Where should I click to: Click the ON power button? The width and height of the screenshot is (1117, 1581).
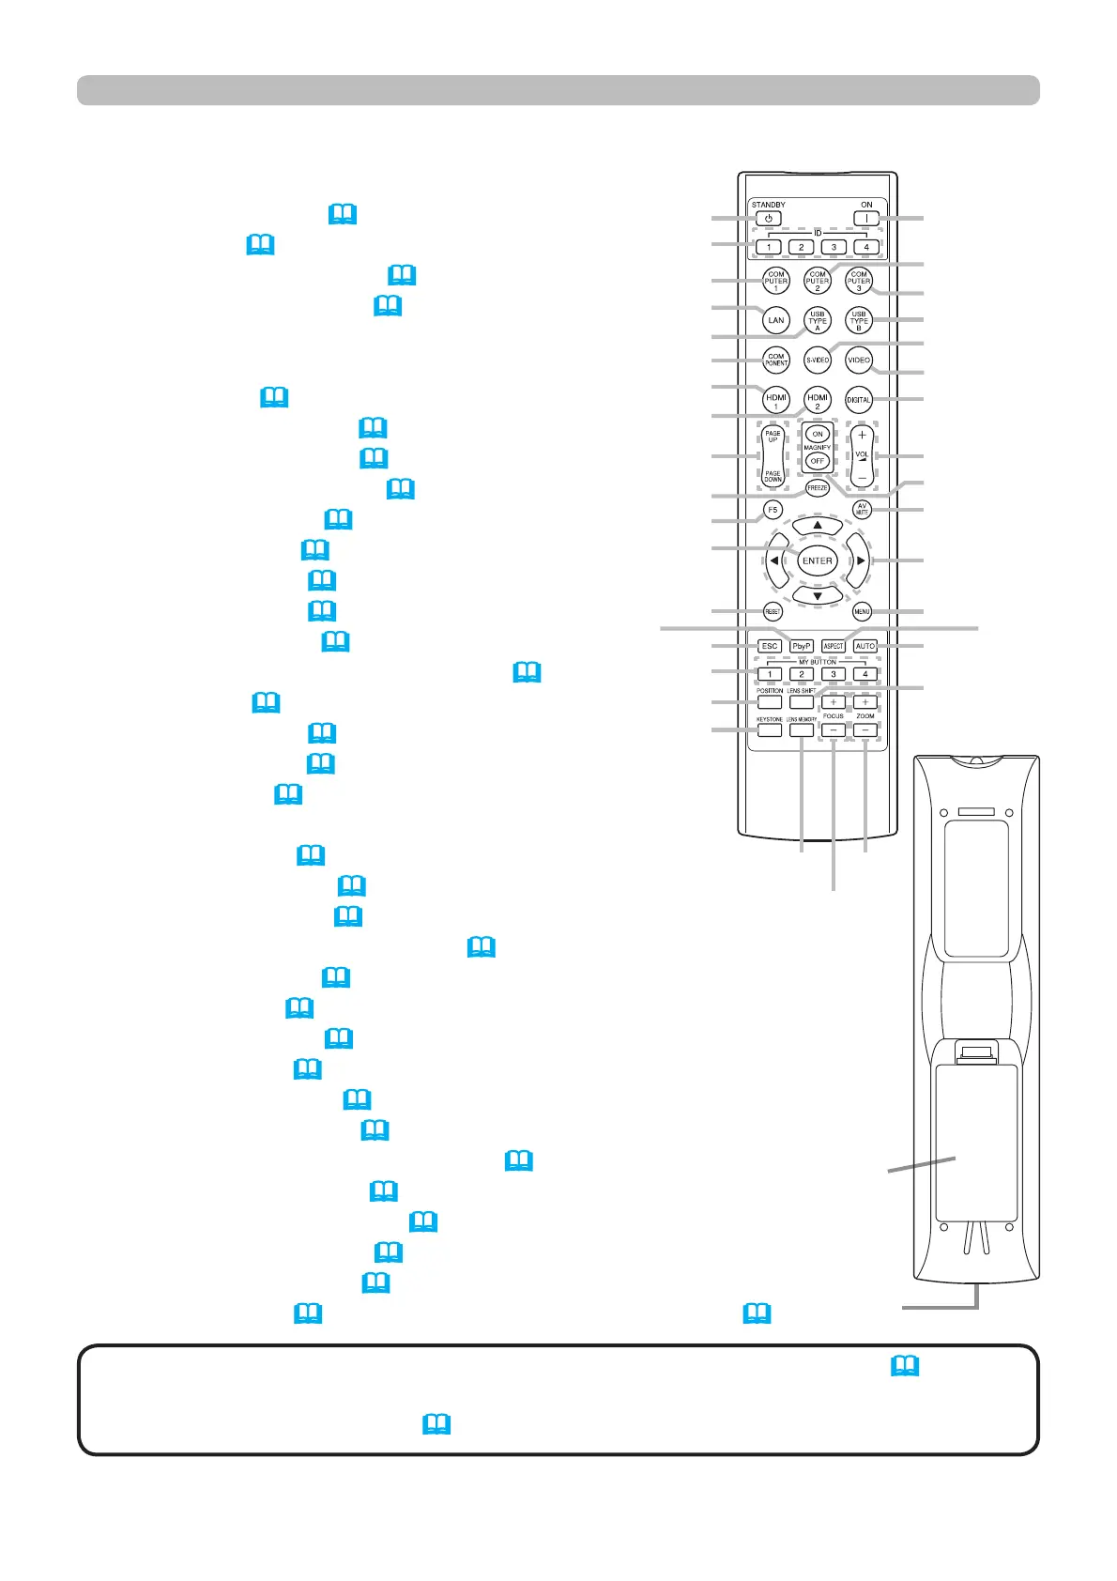pos(866,219)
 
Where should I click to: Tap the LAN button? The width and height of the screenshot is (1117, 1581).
pos(776,320)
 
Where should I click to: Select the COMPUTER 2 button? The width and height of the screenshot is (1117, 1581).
pos(818,281)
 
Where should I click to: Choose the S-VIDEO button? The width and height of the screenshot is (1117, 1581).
pos(818,360)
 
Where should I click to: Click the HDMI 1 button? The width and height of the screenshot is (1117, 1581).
pos(776,400)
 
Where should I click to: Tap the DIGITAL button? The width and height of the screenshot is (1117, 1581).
pos(859,400)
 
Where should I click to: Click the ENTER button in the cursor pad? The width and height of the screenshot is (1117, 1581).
pos(818,560)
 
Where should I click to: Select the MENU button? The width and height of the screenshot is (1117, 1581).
pos(862,612)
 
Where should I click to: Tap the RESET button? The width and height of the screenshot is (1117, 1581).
pos(773,612)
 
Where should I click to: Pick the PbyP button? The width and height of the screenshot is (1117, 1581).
pos(802,646)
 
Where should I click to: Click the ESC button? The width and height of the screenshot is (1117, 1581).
pos(770,646)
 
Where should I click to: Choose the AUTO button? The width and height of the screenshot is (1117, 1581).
pos(865,646)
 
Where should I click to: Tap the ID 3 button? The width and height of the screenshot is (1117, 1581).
pos(834,247)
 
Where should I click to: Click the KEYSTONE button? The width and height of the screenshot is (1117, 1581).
pos(770,729)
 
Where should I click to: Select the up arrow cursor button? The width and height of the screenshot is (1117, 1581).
pos(818,526)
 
